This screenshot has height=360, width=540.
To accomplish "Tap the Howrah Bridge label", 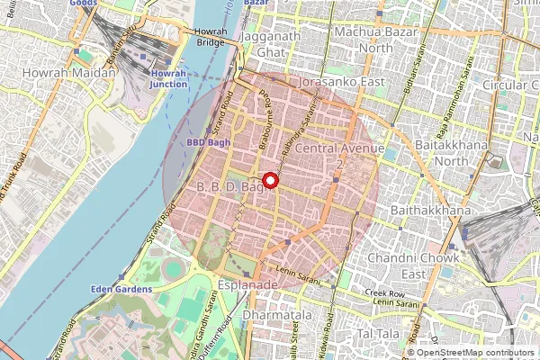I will (211, 37).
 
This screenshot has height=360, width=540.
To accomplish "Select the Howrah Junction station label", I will (168, 77).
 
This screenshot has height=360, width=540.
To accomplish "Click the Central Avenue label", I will (339, 148).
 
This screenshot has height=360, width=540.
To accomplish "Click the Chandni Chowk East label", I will (426, 265).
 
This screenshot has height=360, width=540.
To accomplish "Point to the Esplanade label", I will (247, 283).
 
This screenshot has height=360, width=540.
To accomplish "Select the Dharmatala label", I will (270, 317).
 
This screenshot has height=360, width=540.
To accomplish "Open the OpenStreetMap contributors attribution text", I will (469, 353).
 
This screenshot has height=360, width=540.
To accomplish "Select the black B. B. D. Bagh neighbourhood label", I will (226, 187).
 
